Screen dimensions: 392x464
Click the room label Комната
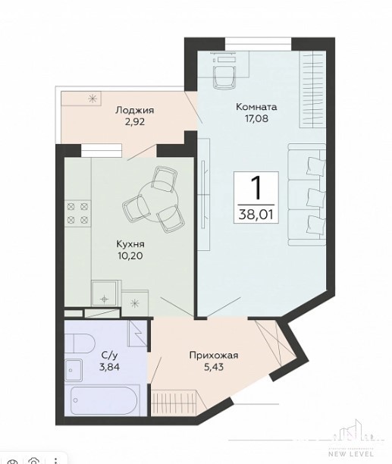256,107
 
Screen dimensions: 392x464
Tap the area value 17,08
256,119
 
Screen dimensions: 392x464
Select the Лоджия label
135,111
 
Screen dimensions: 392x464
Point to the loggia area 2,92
135,122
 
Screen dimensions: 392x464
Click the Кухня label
130,244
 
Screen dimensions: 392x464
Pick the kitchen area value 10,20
130,256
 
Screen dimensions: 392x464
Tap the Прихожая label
214,355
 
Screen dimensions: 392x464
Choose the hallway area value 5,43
214,367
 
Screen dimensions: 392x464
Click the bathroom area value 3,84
110,367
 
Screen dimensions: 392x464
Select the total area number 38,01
256,214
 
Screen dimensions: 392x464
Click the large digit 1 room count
256,188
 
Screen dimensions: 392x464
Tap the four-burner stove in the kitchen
77,213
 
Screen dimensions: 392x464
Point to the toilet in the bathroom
80,343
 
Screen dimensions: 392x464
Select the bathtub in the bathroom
104,400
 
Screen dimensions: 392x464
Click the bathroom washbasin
74,370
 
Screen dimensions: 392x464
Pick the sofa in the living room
307,195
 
